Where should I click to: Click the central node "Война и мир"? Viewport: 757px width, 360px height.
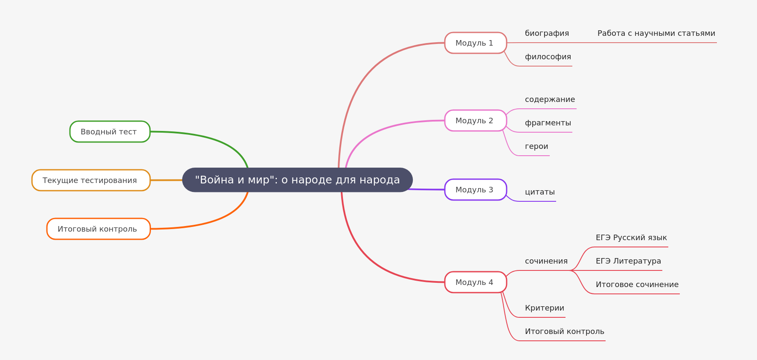coord(297,180)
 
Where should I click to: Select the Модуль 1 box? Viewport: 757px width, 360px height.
coord(475,43)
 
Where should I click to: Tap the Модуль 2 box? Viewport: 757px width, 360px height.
coord(475,121)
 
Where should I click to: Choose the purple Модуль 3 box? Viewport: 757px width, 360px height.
coord(475,190)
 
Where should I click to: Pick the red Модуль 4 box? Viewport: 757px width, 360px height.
coord(475,282)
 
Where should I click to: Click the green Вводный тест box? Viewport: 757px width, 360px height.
coord(110,132)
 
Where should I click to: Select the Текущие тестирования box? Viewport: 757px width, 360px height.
coord(90,180)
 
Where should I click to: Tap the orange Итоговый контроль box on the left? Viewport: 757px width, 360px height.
coord(98,229)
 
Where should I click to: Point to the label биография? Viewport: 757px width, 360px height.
coord(547,34)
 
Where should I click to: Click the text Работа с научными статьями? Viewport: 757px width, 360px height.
coord(656,34)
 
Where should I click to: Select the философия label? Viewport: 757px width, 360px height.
coord(548,57)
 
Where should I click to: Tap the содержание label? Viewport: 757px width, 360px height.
coord(550,100)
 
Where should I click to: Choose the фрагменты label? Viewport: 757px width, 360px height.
coord(548,123)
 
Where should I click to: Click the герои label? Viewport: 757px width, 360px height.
coord(537,147)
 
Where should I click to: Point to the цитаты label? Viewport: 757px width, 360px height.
coord(539,192)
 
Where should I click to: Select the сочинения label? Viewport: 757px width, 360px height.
coord(546,261)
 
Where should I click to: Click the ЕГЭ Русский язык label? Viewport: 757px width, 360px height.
coord(631,238)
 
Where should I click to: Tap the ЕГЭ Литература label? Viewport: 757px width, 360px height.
coord(628,261)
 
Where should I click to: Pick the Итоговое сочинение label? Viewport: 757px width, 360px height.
coord(637,285)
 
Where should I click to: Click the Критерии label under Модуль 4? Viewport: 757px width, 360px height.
coord(544,308)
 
